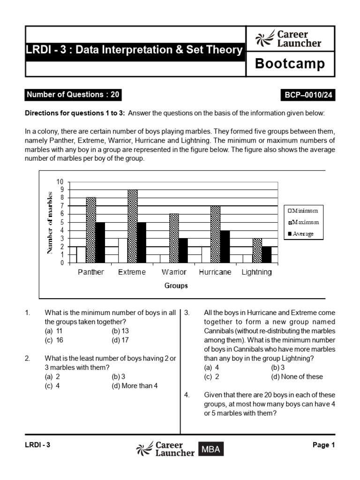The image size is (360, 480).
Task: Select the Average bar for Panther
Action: pyautogui.click(x=100, y=242)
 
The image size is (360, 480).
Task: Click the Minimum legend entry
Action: pyautogui.click(x=302, y=211)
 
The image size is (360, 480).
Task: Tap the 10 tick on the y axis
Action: pyautogui.click(x=60, y=181)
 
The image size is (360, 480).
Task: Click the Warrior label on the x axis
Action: pyautogui.click(x=174, y=272)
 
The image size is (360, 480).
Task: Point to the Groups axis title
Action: pyautogui.click(x=176, y=285)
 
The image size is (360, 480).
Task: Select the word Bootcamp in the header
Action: pyautogui.click(x=290, y=64)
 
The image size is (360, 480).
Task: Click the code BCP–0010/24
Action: pyautogui.click(x=307, y=95)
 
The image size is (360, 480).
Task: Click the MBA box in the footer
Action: pyautogui.click(x=210, y=450)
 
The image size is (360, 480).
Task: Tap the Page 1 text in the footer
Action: pyautogui.click(x=323, y=445)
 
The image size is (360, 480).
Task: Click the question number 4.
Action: pyautogui.click(x=187, y=395)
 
